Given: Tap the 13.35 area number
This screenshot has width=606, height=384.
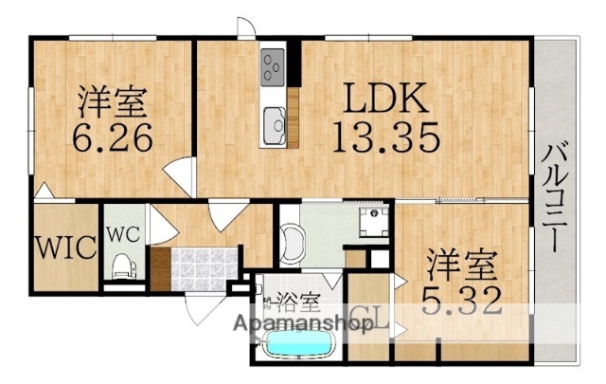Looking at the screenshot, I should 385,138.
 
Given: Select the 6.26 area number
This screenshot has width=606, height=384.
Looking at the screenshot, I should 112,139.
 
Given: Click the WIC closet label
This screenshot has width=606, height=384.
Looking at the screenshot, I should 66,248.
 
